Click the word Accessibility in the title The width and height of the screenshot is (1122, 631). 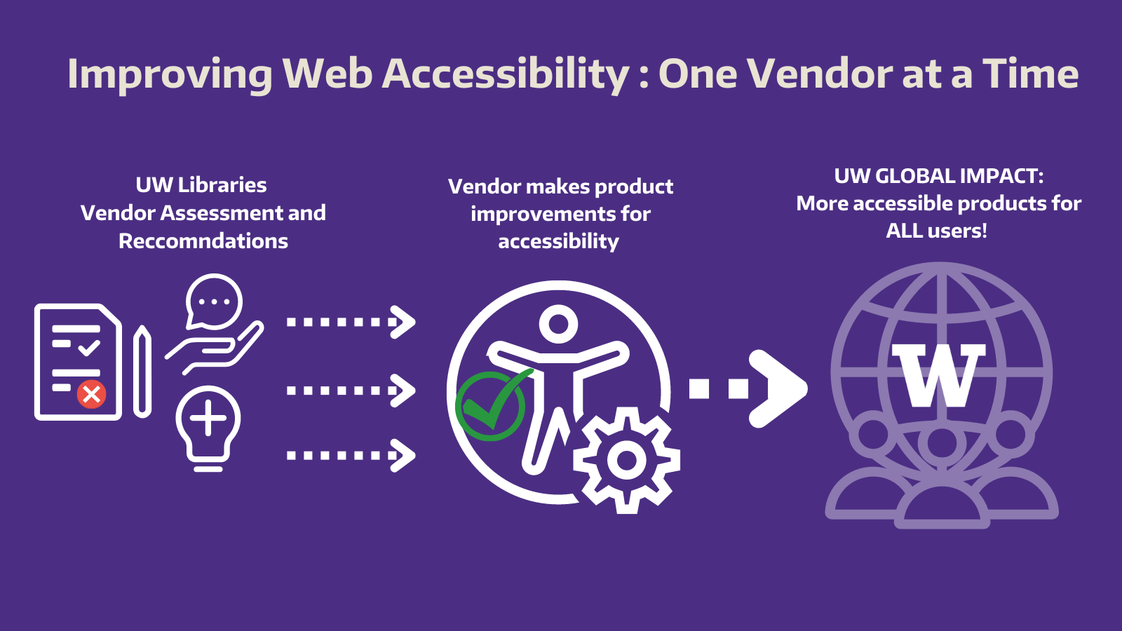coord(506,74)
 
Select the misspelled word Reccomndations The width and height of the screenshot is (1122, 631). coord(203,241)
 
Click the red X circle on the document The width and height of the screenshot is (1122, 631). coord(91,394)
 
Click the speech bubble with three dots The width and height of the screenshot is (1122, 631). coord(214,302)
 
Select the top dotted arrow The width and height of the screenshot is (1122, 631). coord(351,323)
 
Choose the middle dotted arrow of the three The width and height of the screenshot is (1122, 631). coord(351,391)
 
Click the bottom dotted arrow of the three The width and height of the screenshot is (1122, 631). coord(351,456)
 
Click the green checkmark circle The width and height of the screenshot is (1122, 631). coord(490,406)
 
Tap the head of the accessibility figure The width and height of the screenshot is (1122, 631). coord(558,325)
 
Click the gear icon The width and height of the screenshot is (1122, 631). coord(626,461)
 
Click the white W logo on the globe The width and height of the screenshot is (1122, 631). coord(938,375)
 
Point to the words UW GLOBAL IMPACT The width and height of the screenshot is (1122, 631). coord(938,176)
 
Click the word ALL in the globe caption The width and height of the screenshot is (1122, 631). coord(904,231)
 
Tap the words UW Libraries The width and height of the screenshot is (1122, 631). coord(201,185)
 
